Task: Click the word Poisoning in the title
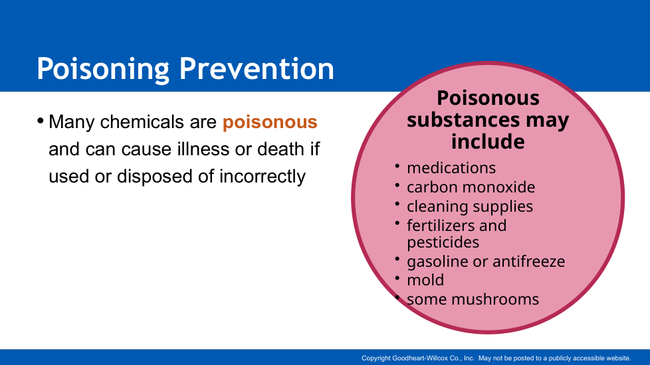[103, 69]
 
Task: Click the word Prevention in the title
[257, 68]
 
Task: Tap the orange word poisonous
[270, 123]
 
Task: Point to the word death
[282, 149]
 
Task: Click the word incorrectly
[263, 177]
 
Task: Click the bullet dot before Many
[41, 121]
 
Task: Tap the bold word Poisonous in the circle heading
[488, 98]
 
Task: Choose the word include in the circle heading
[488, 141]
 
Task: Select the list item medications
[451, 168]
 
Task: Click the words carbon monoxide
[471, 187]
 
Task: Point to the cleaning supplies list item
[470, 206]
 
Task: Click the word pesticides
[443, 242]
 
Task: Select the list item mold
[425, 280]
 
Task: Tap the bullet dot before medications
[397, 167]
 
